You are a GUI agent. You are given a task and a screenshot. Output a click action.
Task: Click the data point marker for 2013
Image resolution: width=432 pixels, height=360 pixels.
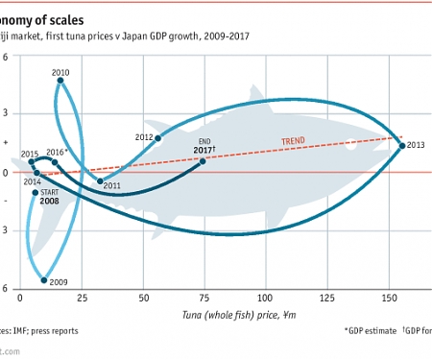pyautogui.click(x=402, y=146)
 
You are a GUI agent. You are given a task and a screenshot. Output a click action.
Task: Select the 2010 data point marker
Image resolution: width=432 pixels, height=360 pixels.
pyautogui.click(x=60, y=81)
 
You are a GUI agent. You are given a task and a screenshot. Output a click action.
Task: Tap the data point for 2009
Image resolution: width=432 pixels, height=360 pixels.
pyautogui.click(x=44, y=280)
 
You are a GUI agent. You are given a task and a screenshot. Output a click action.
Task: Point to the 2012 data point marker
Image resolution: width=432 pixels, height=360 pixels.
pyautogui.click(x=157, y=139)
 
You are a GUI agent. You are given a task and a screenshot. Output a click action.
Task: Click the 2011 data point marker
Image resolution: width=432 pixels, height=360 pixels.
pyautogui.click(x=100, y=180)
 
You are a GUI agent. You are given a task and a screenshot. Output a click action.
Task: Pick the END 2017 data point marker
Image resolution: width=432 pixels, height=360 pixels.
pyautogui.click(x=203, y=161)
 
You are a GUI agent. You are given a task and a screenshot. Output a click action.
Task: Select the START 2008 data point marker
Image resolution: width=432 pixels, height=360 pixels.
pyautogui.click(x=36, y=192)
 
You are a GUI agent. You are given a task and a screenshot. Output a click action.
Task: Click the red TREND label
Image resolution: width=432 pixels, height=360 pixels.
pyautogui.click(x=294, y=142)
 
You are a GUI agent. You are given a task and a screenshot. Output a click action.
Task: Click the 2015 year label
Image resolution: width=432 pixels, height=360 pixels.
pyautogui.click(x=30, y=154)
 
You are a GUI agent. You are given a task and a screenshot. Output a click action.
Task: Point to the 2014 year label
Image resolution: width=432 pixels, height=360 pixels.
pyautogui.click(x=32, y=180)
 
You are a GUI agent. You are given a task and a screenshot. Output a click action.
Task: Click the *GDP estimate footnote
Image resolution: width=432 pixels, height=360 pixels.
pyautogui.click(x=369, y=331)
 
